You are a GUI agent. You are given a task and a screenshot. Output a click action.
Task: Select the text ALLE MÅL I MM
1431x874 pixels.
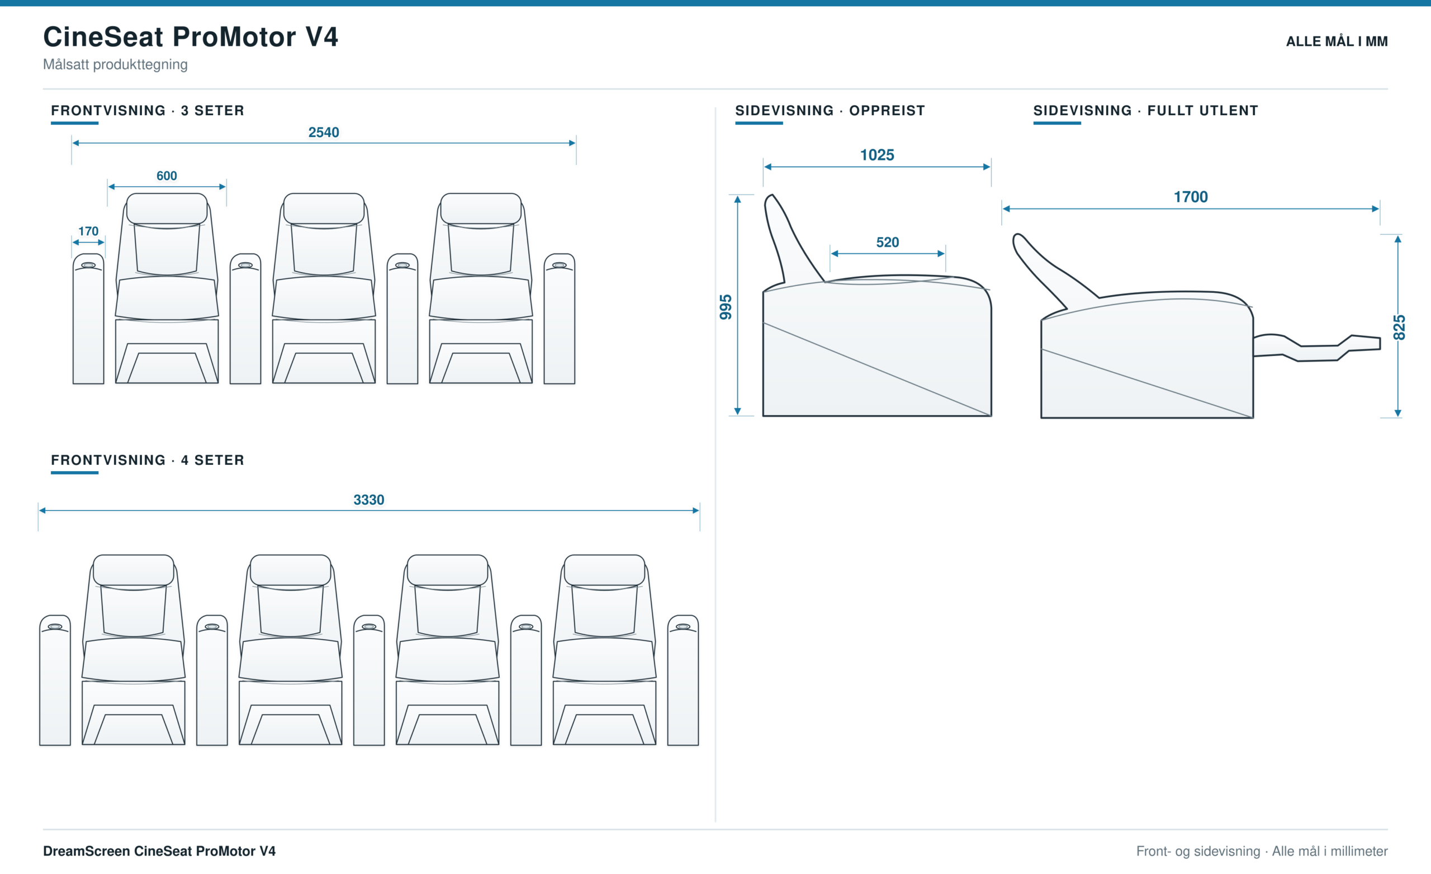pos(1337,41)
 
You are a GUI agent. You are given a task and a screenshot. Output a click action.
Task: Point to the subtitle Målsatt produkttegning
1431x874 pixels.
pos(115,64)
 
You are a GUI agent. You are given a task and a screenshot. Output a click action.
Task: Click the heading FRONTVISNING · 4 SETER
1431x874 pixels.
pos(148,460)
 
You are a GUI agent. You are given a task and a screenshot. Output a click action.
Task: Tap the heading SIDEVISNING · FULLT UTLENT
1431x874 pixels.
pos(1146,110)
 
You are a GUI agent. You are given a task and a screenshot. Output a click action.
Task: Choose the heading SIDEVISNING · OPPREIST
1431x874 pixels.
pos(830,110)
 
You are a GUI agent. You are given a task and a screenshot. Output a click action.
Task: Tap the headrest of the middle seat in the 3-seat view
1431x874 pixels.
pos(324,208)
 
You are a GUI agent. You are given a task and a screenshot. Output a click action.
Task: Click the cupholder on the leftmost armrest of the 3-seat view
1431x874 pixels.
pos(88,265)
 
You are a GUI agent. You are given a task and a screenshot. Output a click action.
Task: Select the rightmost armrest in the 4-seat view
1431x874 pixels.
pos(683,680)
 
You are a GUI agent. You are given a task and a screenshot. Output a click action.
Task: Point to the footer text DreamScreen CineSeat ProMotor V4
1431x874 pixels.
pos(159,851)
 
